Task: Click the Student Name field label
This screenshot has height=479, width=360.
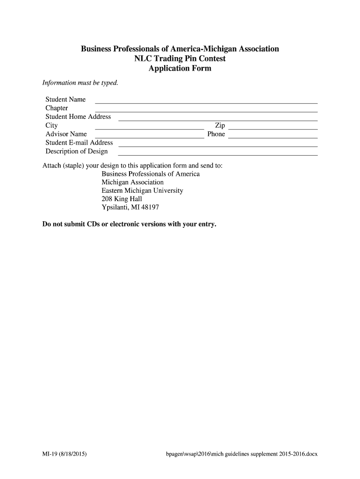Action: point(65,100)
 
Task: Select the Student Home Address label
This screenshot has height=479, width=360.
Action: point(78,117)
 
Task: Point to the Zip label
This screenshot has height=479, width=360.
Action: point(220,125)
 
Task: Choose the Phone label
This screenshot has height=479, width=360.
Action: point(216,134)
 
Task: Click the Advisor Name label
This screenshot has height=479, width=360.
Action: point(66,134)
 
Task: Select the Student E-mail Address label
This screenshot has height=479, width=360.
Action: point(79,143)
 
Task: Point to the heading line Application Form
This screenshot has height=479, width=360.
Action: point(180,69)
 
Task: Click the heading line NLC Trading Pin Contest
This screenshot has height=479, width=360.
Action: point(180,59)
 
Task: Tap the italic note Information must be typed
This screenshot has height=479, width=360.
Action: point(80,83)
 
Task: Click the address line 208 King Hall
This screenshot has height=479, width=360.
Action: point(122,199)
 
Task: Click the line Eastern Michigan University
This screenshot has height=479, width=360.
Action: point(142,191)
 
